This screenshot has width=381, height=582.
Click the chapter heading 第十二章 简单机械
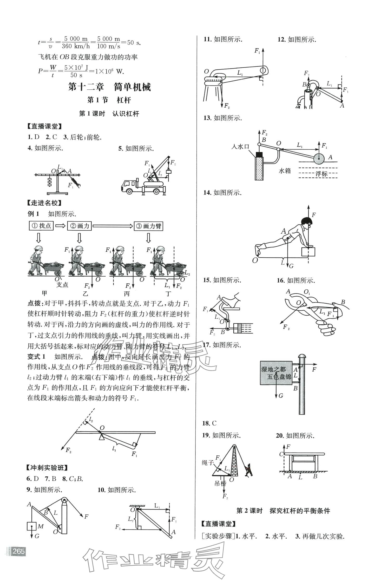(x=109, y=87)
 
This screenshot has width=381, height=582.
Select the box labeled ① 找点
(x=41, y=226)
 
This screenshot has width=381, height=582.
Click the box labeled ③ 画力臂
(x=149, y=226)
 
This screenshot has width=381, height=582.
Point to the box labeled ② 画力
(x=80, y=226)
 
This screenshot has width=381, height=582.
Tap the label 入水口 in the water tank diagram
(x=240, y=147)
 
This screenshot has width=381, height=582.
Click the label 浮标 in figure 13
(x=321, y=174)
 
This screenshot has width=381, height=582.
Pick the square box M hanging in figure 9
(x=32, y=526)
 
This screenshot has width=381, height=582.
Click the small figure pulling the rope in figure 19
(x=249, y=471)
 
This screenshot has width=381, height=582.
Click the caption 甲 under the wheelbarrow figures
(x=45, y=293)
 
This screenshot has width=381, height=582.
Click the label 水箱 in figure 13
(x=284, y=171)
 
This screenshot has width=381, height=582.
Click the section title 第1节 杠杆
(x=109, y=100)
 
